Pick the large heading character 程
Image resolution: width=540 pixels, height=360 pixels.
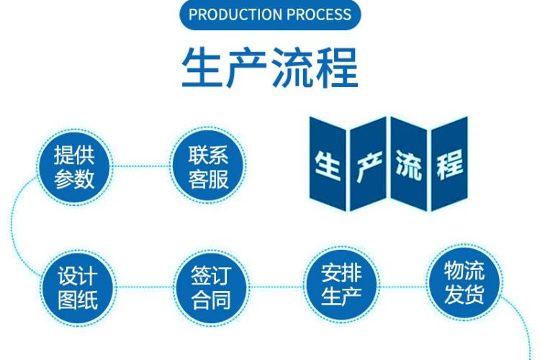coord(337,68)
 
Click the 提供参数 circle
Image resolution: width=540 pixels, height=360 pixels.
coord(74,166)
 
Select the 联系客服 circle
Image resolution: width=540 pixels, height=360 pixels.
coord(207,166)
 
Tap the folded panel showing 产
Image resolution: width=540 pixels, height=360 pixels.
coord(367,167)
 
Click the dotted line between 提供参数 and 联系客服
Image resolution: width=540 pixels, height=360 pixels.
coord(141,166)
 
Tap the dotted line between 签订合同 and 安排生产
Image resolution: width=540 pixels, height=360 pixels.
coord(276,287)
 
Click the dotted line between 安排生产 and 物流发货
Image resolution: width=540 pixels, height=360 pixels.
coord(403,287)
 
